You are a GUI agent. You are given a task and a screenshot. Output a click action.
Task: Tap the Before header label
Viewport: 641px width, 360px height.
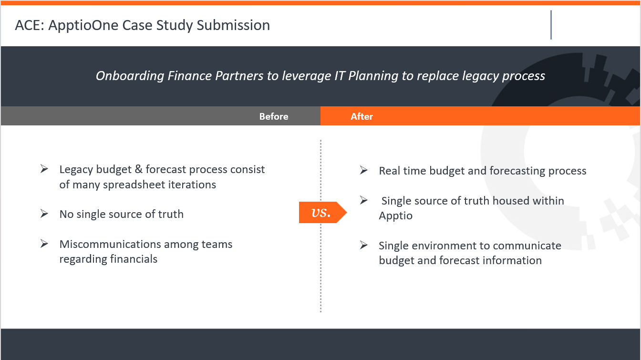274,116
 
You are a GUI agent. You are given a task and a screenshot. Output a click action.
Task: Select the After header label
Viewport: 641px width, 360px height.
362,116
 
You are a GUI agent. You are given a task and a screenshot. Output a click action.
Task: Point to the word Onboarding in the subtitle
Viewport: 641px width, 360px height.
130,76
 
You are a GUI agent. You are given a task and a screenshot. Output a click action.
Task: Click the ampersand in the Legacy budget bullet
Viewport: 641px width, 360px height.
138,169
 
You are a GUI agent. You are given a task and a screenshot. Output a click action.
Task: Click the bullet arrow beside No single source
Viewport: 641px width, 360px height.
44,214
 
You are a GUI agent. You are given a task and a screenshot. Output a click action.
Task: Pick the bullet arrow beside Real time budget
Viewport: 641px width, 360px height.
364,170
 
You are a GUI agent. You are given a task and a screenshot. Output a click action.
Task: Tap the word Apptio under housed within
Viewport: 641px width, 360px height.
396,216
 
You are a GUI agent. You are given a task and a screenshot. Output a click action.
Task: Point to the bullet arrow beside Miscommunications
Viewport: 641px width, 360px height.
44,244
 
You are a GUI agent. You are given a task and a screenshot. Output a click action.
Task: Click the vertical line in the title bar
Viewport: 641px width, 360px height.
551,25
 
